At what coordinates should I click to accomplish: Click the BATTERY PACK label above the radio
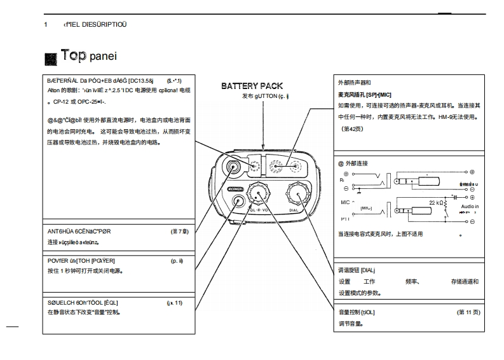[252, 86]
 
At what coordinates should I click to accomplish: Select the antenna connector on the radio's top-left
[235, 167]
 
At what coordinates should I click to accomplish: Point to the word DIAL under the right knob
[294, 209]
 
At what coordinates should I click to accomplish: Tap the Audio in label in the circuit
[470, 207]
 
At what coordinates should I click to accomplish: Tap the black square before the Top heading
[51, 59]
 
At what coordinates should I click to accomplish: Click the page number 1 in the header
[46, 24]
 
